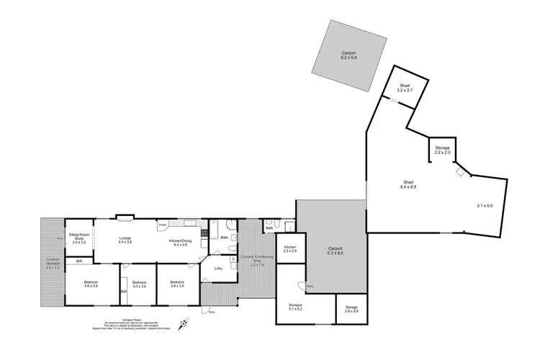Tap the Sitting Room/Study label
pos(78,238)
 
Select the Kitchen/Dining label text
pos(180,242)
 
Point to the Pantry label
pos(163,225)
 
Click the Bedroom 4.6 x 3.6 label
pos(91,284)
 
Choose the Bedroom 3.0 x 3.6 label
pos(139,284)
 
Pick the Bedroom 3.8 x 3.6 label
pos(176,284)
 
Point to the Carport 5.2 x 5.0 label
pos(349,55)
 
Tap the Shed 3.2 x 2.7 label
pos(405,89)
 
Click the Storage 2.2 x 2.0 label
pos(442,150)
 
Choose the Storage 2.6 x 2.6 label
pos(351,310)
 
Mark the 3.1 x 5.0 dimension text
pos(485,206)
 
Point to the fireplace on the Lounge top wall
pos(123,215)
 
